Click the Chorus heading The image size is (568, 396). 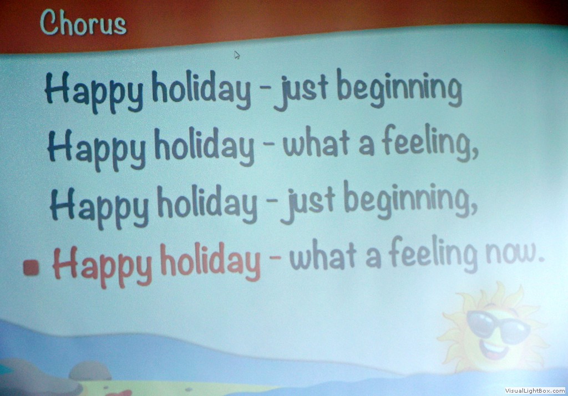(83, 23)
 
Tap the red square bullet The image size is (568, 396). (31, 267)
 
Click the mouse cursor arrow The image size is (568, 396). (237, 55)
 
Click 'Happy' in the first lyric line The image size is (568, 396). (94, 90)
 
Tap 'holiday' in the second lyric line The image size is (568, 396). (205, 147)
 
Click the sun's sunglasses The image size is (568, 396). (498, 327)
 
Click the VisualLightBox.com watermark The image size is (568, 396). (535, 390)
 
